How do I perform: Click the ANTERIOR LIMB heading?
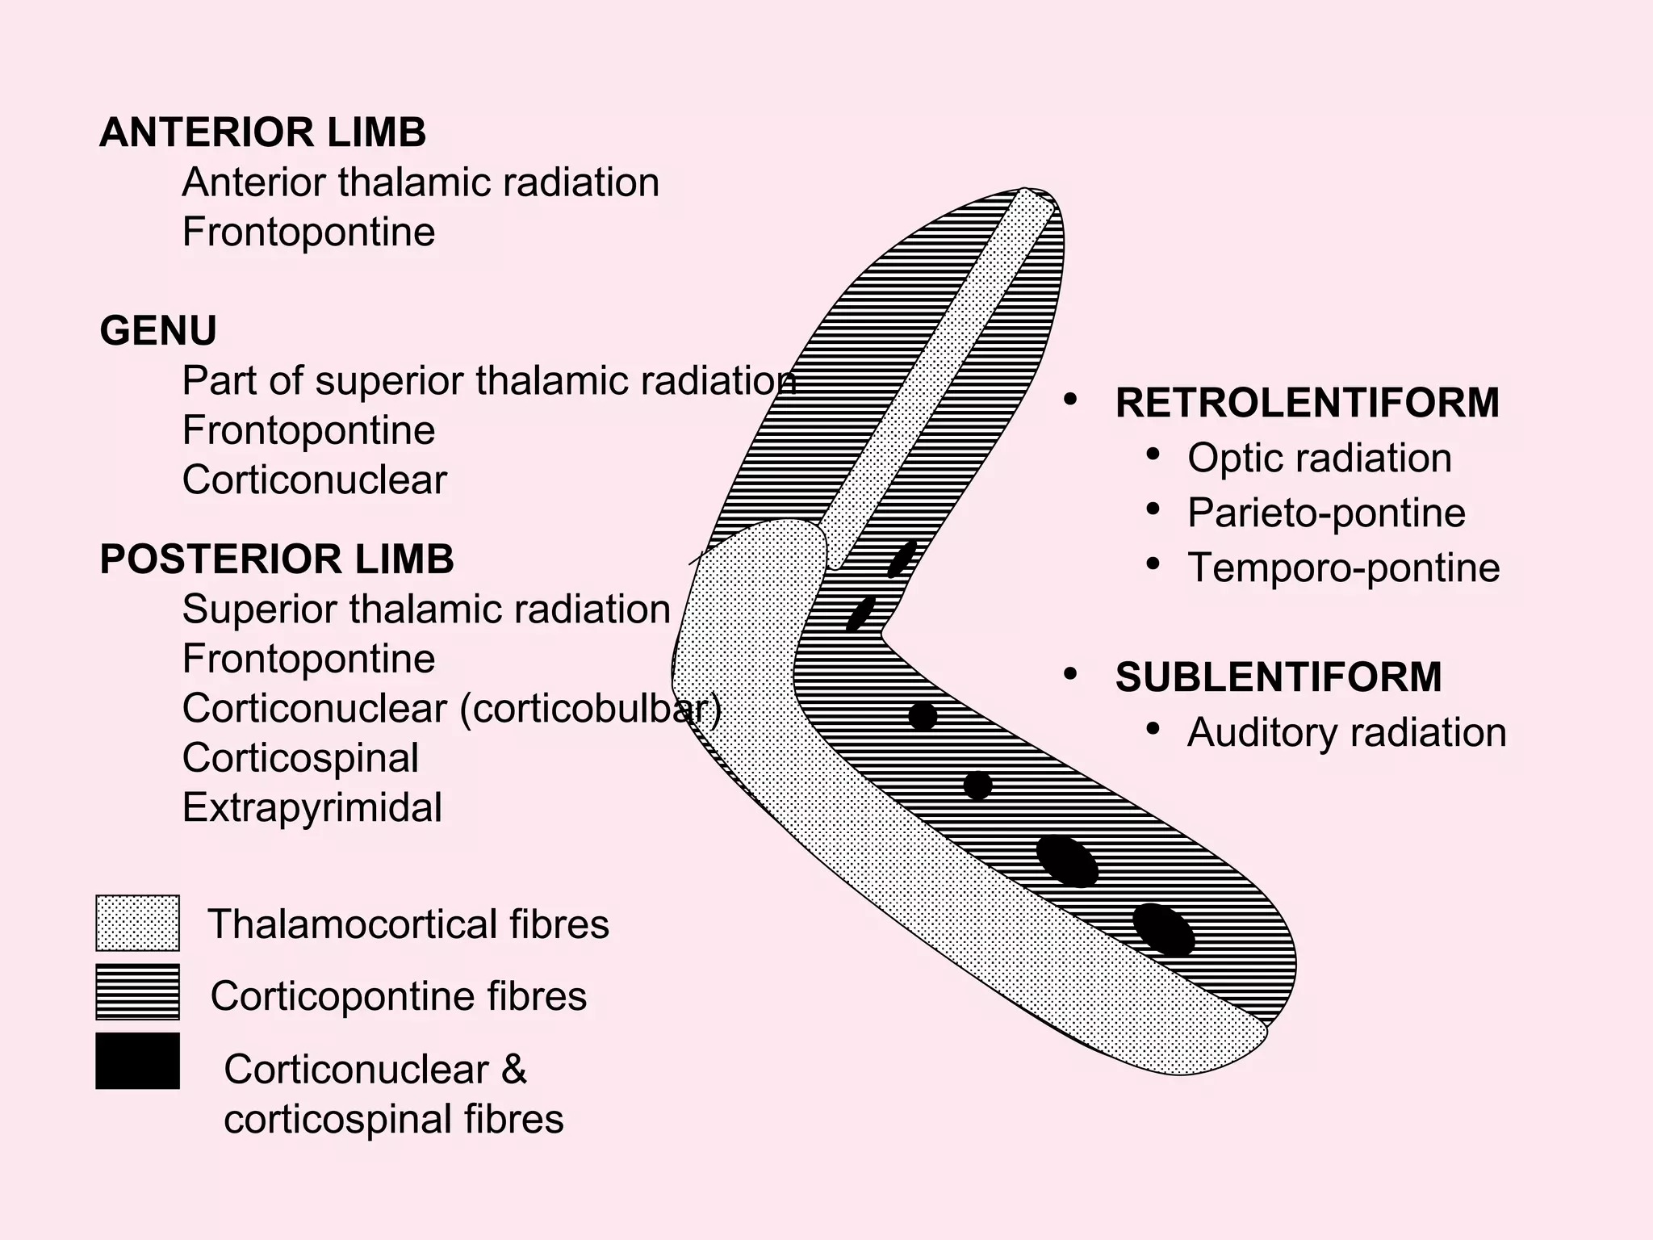262,133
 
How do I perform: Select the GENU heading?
158,331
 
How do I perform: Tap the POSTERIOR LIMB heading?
277,559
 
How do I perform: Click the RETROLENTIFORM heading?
1307,403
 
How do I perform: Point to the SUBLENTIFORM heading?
1278,677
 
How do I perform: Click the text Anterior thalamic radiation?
421,182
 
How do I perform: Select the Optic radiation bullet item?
1319,458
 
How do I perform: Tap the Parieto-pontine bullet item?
1326,513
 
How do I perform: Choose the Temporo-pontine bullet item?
1343,568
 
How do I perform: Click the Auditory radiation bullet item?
1346,733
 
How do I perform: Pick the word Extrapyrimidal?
312,807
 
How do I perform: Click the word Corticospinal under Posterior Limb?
300,757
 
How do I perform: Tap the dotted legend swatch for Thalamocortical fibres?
137,923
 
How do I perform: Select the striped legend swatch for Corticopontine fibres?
137,992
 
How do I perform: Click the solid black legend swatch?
137,1061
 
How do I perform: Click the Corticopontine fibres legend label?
398,995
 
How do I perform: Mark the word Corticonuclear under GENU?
314,480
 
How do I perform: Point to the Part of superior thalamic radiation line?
488,381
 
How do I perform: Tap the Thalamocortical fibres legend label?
408,924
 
